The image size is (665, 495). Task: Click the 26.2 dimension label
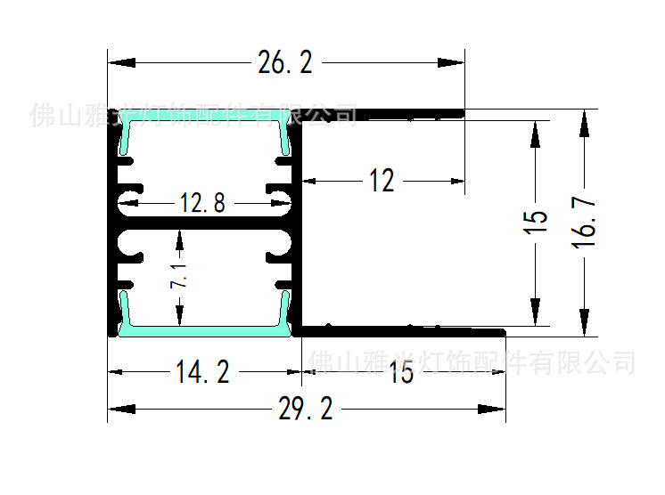point(284,63)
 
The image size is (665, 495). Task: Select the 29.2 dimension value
point(305,410)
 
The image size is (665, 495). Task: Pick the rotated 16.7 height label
point(585,223)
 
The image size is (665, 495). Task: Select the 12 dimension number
point(382,182)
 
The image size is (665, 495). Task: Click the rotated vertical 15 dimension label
point(535,223)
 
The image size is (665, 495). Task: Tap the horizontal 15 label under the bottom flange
point(401,373)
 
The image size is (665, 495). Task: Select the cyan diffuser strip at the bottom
point(206,329)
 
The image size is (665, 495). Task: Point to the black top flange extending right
point(383,113)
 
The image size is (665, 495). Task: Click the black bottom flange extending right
point(401,331)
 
